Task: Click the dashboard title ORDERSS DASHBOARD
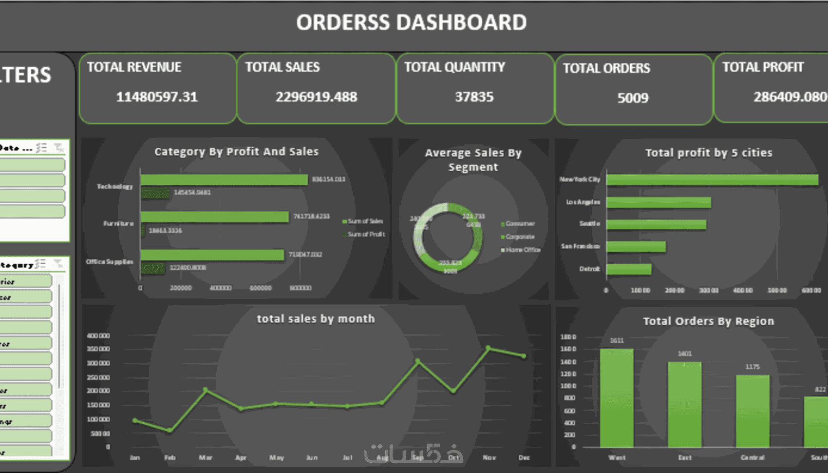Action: [x=412, y=22]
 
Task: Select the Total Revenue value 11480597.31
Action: [x=157, y=97]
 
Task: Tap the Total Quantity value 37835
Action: [x=474, y=97]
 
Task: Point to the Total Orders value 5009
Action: [x=633, y=98]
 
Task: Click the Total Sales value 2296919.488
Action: [x=316, y=97]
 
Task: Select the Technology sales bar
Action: [x=224, y=180]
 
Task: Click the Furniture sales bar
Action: [x=214, y=217]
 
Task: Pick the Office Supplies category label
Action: [x=110, y=262]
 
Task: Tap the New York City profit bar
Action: [x=712, y=180]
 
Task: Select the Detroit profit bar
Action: [x=629, y=269]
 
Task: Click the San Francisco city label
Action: [x=580, y=246]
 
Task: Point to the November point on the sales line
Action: [x=489, y=348]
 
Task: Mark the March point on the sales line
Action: [x=206, y=390]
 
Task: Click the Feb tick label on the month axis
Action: [x=169, y=457]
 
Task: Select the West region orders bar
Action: [x=617, y=397]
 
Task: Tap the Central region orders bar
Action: [x=753, y=411]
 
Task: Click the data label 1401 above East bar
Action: [x=685, y=354]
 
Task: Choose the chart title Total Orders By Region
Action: [x=708, y=321]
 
